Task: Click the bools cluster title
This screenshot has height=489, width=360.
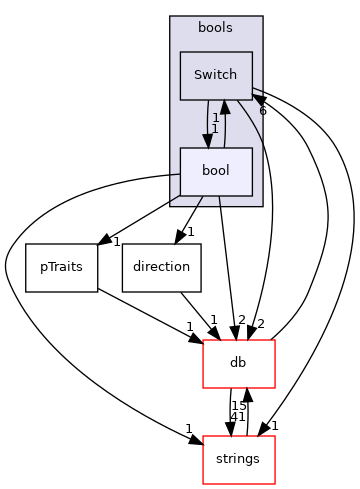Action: point(216,27)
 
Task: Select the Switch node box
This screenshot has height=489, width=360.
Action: point(216,75)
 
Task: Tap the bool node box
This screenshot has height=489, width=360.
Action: point(216,171)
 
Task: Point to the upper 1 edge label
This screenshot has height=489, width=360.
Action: point(215,118)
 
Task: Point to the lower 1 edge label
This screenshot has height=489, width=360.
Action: point(215,129)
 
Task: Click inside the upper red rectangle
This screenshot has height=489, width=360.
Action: point(238,364)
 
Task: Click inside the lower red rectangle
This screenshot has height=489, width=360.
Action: point(238,460)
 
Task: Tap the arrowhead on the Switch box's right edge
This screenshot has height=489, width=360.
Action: point(258,99)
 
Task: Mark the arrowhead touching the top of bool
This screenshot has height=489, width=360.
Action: point(208,141)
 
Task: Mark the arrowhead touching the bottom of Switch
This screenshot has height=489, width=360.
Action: point(225,107)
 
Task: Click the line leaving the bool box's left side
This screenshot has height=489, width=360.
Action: point(174,175)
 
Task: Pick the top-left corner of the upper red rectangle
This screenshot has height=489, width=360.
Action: point(203,340)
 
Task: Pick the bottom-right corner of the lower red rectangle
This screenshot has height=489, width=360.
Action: point(274,483)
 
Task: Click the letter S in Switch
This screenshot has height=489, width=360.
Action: point(198,75)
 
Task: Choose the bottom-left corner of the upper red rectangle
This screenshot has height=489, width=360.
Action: point(203,387)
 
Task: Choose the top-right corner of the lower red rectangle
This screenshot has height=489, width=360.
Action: point(274,436)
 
